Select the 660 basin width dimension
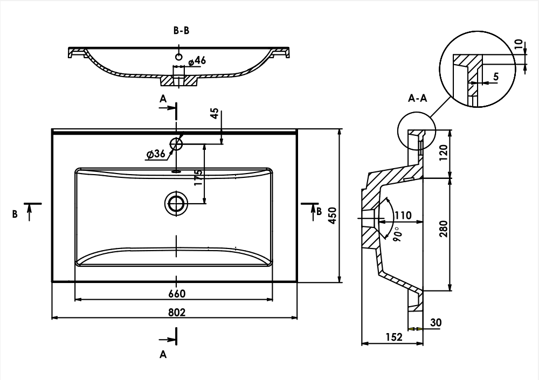177,293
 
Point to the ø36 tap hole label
155,154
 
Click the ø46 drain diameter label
197,60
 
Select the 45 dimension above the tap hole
215,114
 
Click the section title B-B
181,31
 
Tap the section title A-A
418,98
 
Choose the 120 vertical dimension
443,154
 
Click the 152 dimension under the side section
394,337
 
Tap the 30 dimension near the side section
436,322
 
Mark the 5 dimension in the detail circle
496,76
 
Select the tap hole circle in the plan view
176,143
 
